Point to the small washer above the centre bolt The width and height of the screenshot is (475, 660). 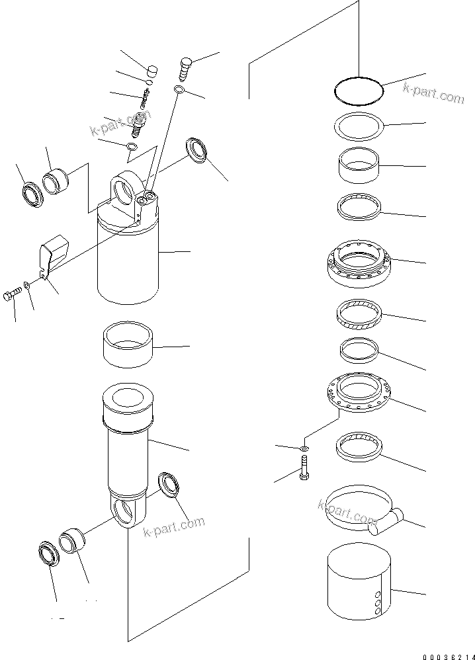(302, 449)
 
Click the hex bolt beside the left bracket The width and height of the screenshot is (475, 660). (12, 295)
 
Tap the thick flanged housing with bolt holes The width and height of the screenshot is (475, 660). (358, 263)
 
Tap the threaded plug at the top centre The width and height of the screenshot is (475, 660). (185, 67)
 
